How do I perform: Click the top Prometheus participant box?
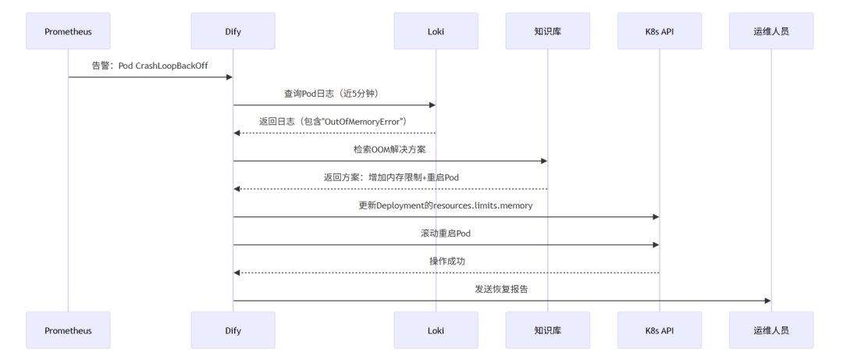coord(68,31)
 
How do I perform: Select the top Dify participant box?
coord(233,31)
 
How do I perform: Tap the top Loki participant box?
coord(436,31)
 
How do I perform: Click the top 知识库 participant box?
coord(547,31)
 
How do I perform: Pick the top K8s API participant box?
coord(659,31)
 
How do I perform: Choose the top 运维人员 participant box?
coord(771,31)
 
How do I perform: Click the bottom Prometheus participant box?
coord(68,330)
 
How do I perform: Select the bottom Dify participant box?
coord(233,330)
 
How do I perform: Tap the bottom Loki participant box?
coord(436,330)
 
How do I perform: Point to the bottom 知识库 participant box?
coord(547,330)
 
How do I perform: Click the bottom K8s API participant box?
coord(659,330)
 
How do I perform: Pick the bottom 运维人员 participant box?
coord(771,330)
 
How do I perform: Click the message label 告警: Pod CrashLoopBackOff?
coord(150,66)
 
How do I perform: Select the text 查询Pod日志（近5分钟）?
coord(334,94)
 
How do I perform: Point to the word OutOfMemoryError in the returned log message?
coord(365,122)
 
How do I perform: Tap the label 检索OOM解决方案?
coord(389,149)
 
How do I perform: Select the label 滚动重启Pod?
coord(446,233)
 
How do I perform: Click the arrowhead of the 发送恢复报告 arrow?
coord(767,301)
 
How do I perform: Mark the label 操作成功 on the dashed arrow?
coord(446,261)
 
